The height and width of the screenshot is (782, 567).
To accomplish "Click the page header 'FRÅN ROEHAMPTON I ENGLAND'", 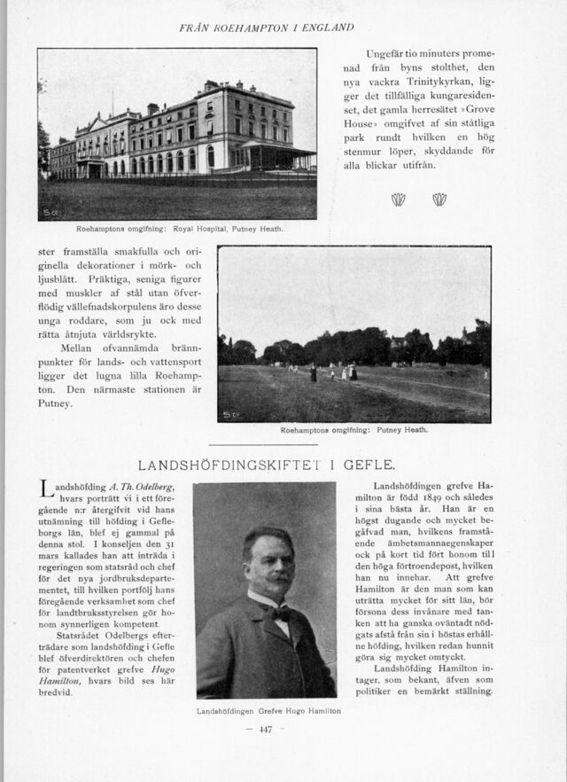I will coord(266,27).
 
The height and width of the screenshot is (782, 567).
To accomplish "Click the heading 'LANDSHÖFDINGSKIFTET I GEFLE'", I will coord(267,465).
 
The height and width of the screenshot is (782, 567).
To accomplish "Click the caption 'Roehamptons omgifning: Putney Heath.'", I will coord(353,430).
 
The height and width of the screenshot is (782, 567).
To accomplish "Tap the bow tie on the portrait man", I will coord(280,613).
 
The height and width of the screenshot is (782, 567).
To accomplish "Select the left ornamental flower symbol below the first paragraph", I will coord(398,200).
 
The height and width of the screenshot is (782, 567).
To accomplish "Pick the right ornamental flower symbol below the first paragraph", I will coord(439,200).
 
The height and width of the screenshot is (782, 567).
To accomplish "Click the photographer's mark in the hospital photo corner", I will coord(50,213).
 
